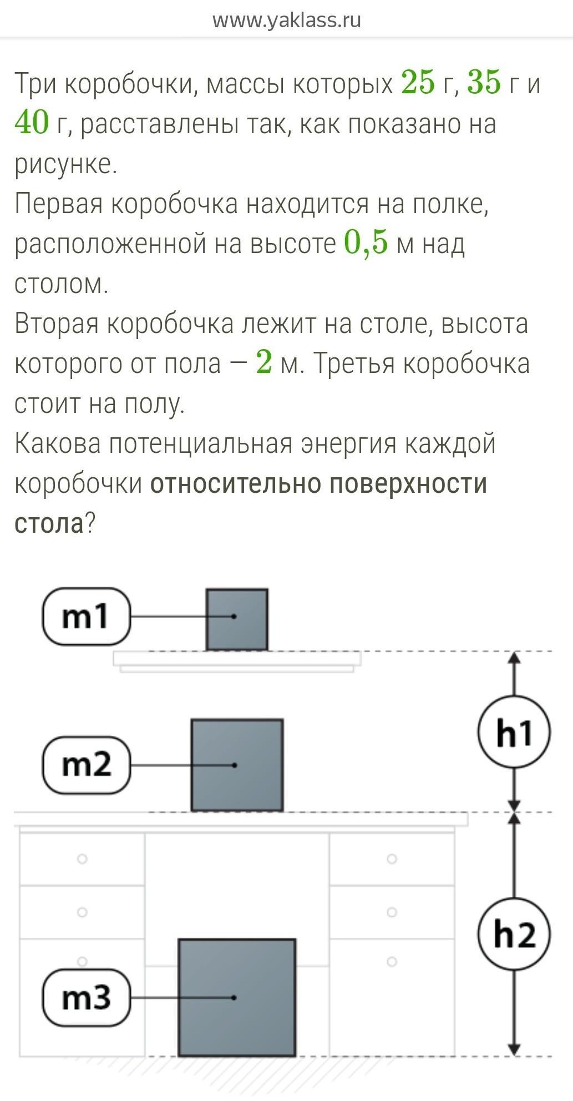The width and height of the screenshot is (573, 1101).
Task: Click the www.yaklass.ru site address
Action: click(x=286, y=20)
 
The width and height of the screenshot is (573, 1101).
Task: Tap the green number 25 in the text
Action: click(x=418, y=83)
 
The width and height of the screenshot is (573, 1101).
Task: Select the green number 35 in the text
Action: click(x=484, y=83)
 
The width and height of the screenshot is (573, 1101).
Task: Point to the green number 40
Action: click(x=32, y=123)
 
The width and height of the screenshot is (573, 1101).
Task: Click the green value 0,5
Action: click(x=366, y=243)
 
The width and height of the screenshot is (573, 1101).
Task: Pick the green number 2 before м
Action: click(x=264, y=363)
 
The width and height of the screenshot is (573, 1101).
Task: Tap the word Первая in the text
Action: click(x=59, y=203)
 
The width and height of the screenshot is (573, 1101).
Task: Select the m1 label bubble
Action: click(x=86, y=617)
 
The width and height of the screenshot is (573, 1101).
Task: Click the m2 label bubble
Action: click(x=86, y=765)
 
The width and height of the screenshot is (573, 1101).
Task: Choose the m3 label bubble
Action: click(x=86, y=997)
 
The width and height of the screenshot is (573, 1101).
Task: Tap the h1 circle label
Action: click(x=514, y=733)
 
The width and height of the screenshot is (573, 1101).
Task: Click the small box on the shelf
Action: click(x=237, y=619)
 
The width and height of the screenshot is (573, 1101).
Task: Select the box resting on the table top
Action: click(x=237, y=765)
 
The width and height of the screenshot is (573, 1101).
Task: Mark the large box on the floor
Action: click(x=237, y=997)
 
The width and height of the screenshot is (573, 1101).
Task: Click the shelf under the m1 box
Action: click(x=237, y=659)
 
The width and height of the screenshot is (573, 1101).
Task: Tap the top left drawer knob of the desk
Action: click(x=82, y=859)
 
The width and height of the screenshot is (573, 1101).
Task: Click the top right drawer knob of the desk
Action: click(x=392, y=859)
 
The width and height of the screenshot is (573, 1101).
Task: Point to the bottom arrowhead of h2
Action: click(x=514, y=1049)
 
